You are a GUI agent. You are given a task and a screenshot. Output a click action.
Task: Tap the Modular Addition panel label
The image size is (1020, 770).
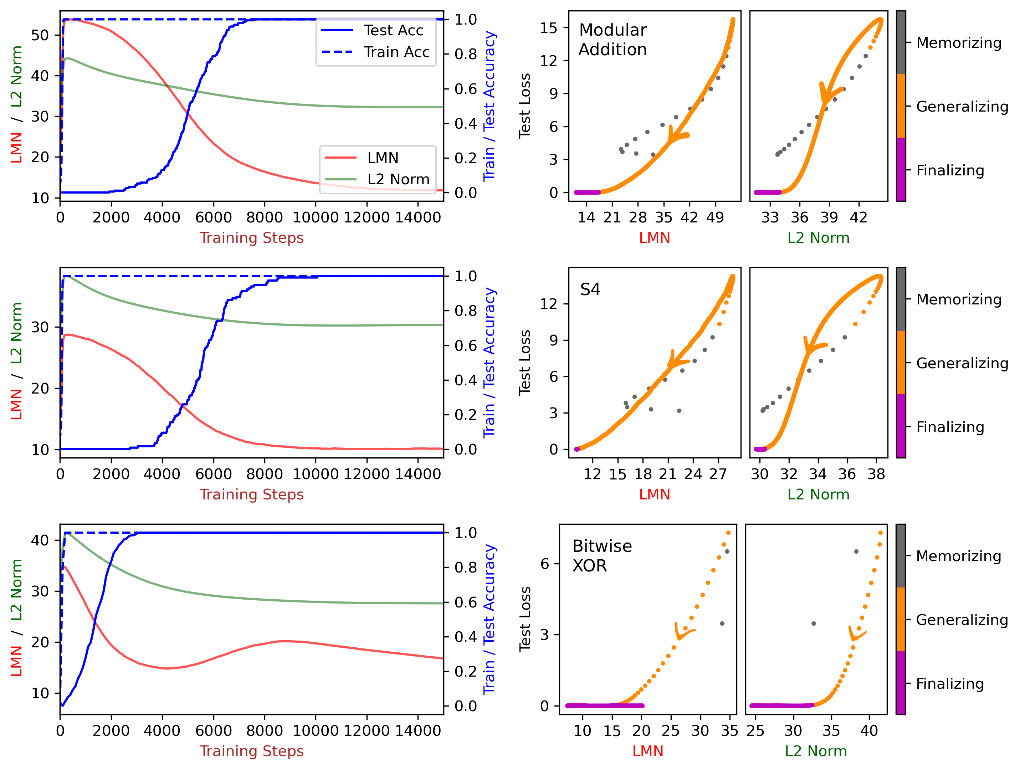612,40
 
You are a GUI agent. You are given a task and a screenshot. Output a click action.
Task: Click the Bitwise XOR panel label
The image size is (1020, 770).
602,556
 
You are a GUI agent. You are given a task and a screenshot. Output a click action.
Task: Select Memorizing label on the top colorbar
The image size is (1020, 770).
958,43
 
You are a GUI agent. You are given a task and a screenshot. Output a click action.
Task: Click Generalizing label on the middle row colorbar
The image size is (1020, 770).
962,363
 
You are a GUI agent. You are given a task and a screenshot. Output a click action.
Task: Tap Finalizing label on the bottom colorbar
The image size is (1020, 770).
949,684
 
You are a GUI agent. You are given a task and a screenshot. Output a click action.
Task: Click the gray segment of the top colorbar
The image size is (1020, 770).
901,42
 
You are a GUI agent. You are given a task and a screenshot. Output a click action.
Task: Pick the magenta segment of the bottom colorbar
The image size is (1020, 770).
900,682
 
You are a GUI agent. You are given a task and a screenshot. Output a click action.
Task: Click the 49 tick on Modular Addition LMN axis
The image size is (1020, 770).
715,217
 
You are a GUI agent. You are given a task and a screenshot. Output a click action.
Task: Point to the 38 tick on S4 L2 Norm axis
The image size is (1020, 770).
876,474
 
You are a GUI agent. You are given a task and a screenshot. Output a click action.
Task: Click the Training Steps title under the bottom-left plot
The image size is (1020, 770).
251,751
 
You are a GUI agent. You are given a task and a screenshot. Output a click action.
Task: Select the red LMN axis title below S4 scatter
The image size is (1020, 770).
654,494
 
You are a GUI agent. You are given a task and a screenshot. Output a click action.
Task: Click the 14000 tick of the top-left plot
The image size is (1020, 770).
418,217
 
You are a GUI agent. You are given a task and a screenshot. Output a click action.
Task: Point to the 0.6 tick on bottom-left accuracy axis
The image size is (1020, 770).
465,602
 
